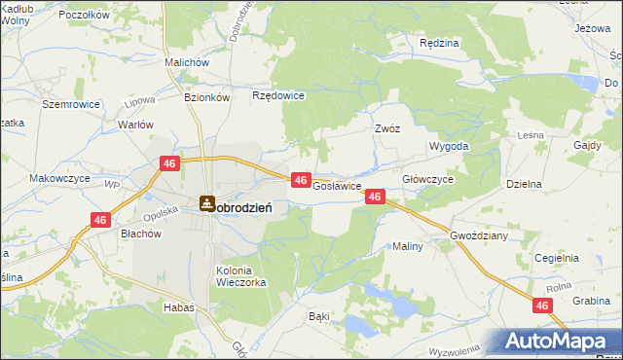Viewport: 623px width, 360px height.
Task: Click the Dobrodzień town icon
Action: (x=206, y=203)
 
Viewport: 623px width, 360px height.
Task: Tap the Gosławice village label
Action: (x=337, y=185)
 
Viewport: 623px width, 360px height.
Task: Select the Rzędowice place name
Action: (x=279, y=95)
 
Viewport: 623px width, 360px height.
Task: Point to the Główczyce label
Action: (x=428, y=180)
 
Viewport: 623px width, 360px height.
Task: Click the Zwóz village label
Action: (x=388, y=127)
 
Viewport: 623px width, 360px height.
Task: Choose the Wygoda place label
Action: (x=450, y=146)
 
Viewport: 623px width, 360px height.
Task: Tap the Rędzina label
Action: (x=438, y=44)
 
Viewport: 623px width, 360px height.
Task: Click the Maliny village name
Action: (x=408, y=246)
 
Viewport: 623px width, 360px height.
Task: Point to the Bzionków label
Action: (x=206, y=97)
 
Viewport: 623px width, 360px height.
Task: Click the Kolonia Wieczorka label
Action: (x=239, y=276)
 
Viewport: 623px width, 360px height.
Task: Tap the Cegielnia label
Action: (x=557, y=258)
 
